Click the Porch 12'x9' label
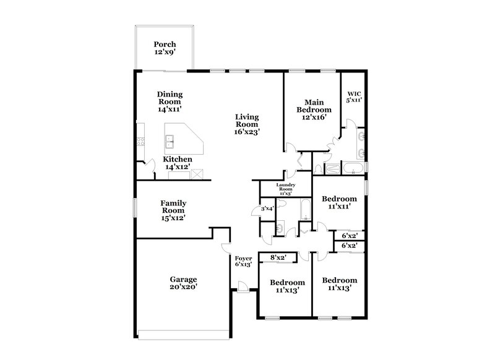(165, 49)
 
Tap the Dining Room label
(170, 101)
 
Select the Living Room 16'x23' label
(246, 124)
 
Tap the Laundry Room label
(285, 189)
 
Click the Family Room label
(174, 210)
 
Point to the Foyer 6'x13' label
(243, 261)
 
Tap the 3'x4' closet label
(267, 208)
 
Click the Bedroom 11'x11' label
(340, 203)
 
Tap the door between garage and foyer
(226, 248)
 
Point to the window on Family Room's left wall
(135, 207)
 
